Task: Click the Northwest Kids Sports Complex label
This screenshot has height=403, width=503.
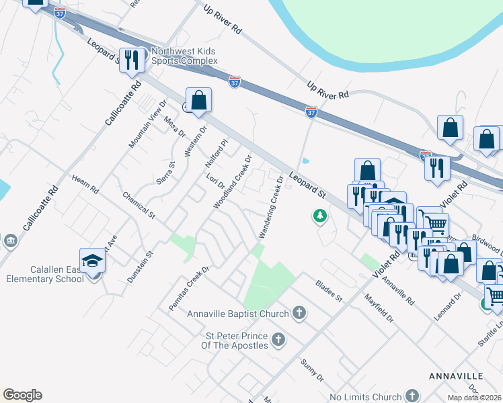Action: (x=184, y=56)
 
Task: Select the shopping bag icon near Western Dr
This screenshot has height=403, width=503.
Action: (x=199, y=101)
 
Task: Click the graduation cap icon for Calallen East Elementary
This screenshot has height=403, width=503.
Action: (x=93, y=261)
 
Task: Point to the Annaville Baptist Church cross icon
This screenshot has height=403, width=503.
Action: (x=300, y=313)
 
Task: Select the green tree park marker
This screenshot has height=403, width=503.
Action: (x=320, y=216)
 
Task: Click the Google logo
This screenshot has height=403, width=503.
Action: (x=22, y=395)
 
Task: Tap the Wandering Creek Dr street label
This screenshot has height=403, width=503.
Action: (x=271, y=207)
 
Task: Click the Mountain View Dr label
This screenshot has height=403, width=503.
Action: (x=147, y=124)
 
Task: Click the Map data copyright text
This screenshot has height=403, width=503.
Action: (x=473, y=398)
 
